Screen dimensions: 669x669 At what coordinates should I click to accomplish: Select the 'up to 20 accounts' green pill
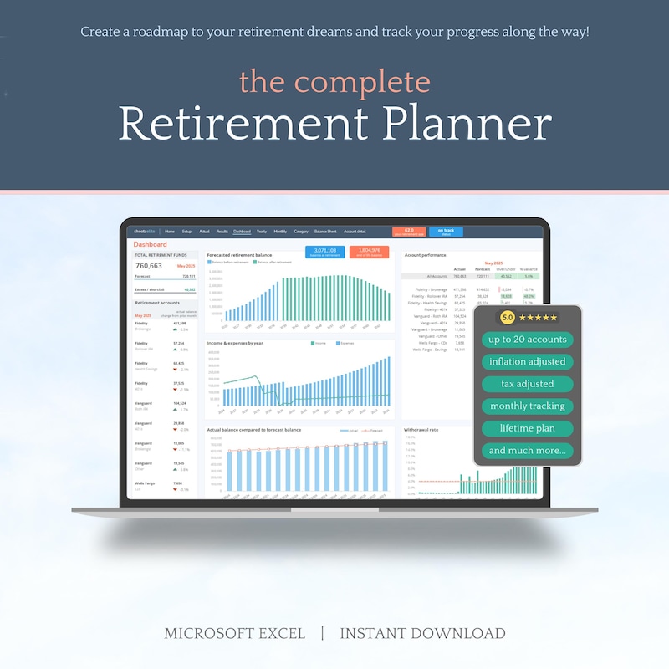(x=528, y=340)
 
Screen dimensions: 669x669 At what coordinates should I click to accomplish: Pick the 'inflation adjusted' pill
(x=528, y=362)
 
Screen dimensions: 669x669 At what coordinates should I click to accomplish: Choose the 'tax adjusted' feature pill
(x=528, y=384)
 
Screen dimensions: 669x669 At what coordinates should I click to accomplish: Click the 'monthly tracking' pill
(x=528, y=406)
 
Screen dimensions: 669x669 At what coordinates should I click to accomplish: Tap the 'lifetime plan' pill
(x=528, y=428)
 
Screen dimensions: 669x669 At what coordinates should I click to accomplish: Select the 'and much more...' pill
(x=528, y=451)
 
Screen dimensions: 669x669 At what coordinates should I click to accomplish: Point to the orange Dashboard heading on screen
(x=151, y=244)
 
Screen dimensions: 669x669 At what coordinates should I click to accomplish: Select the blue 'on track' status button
(x=446, y=232)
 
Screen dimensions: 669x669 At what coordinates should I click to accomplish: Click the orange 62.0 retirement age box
(x=409, y=232)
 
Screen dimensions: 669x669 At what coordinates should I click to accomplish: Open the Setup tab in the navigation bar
(x=186, y=231)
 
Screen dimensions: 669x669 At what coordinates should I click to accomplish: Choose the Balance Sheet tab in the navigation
(x=325, y=231)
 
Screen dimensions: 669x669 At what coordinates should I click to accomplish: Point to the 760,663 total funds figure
(x=149, y=266)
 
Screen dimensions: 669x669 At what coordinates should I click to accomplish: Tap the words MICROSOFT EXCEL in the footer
(x=235, y=633)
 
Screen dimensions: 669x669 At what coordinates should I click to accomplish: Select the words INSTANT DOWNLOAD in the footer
(x=422, y=633)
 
